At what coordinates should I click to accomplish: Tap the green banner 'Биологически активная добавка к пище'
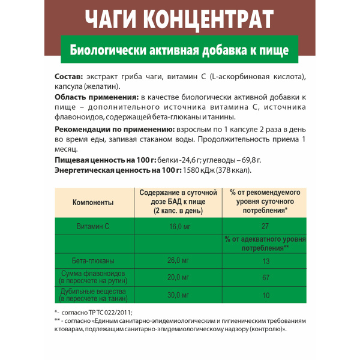coord(180,50)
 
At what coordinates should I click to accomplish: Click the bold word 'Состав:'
coord(71,77)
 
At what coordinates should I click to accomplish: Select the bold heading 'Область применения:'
coord(96,97)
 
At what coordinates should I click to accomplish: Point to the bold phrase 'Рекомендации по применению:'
coord(114,130)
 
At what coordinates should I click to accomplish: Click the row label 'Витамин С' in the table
coord(93,226)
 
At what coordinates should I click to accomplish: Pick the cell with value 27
coord(265,226)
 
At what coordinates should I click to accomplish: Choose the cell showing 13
coord(265,261)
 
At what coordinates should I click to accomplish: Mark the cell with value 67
coord(265,277)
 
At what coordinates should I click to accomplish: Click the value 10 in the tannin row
coord(265,295)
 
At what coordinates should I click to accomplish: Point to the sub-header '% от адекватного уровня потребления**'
coord(265,244)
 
